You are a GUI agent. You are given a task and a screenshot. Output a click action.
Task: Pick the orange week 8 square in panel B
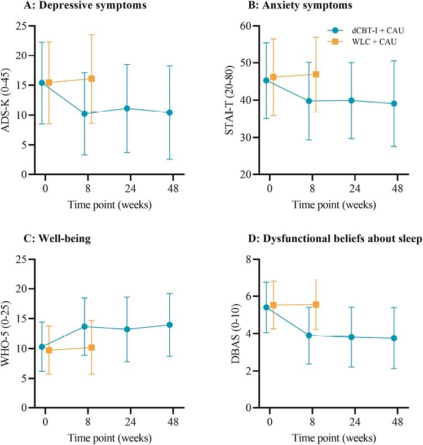(316, 74)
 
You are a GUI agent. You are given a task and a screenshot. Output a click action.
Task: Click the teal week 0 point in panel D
(267, 307)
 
